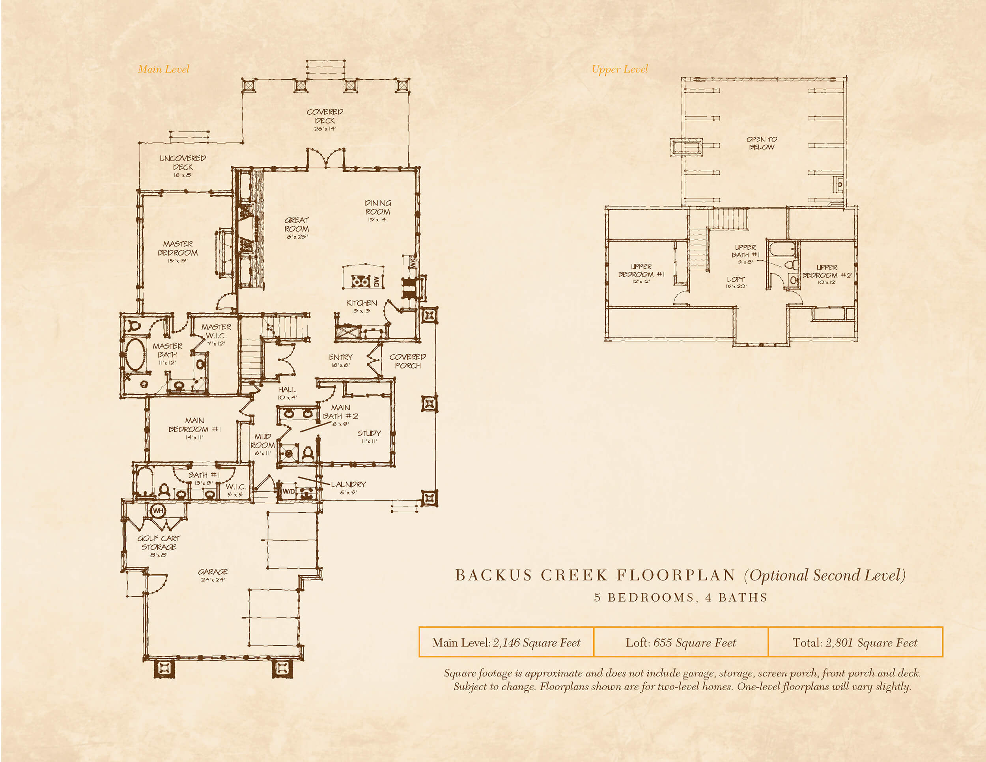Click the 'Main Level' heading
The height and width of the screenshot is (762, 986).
click(x=163, y=69)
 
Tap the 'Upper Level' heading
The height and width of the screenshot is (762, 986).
click(x=620, y=69)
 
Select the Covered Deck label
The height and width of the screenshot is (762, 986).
click(x=325, y=120)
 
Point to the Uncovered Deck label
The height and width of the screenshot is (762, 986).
click(x=183, y=166)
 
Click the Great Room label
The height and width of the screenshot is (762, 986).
click(x=297, y=228)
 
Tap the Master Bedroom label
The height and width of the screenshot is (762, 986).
click(x=178, y=252)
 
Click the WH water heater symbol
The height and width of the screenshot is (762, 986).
click(x=157, y=510)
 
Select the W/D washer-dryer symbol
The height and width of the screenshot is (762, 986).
click(x=288, y=491)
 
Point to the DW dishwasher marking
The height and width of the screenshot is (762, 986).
click(x=377, y=281)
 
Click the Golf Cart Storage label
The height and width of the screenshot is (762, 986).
click(x=159, y=546)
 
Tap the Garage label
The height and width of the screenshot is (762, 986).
click(x=213, y=575)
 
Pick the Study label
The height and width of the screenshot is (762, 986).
click(x=369, y=437)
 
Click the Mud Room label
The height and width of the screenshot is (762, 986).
click(x=262, y=444)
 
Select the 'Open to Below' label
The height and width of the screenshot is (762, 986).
click(x=762, y=143)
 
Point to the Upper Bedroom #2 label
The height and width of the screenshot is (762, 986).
click(x=827, y=275)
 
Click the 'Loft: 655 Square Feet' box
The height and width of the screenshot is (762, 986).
click(x=681, y=642)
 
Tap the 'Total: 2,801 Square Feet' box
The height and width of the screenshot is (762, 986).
click(x=855, y=642)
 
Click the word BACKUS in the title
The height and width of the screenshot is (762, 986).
click(x=494, y=575)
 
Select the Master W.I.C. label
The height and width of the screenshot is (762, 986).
click(x=216, y=334)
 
